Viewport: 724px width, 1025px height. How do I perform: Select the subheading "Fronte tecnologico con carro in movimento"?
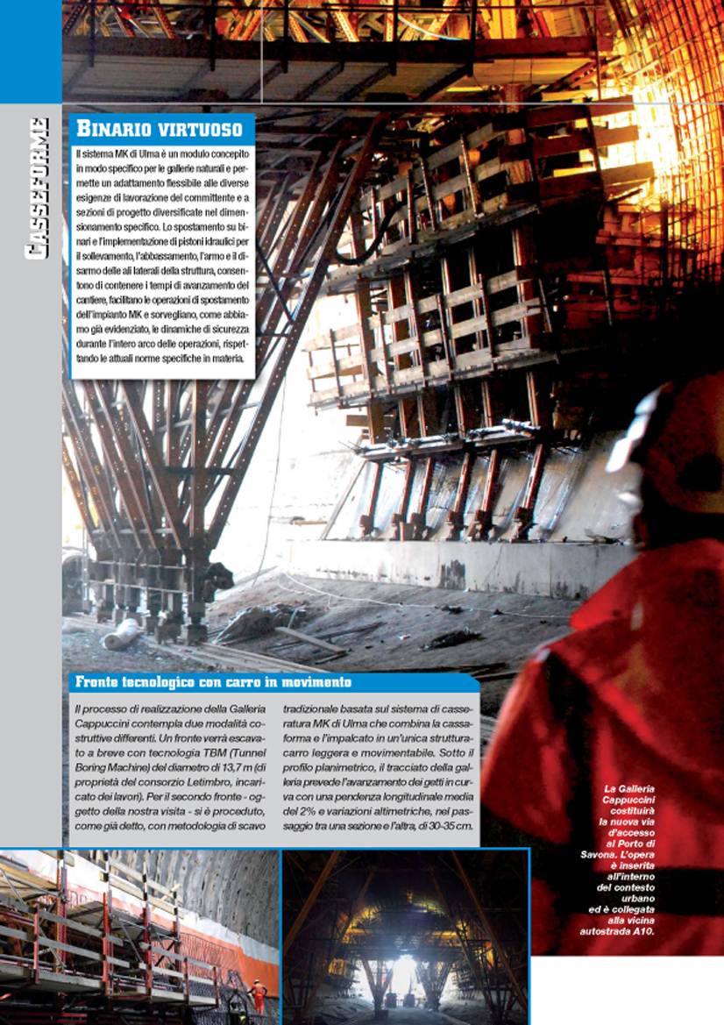tap(214, 681)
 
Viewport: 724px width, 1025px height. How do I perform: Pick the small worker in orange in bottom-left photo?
tap(259, 993)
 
